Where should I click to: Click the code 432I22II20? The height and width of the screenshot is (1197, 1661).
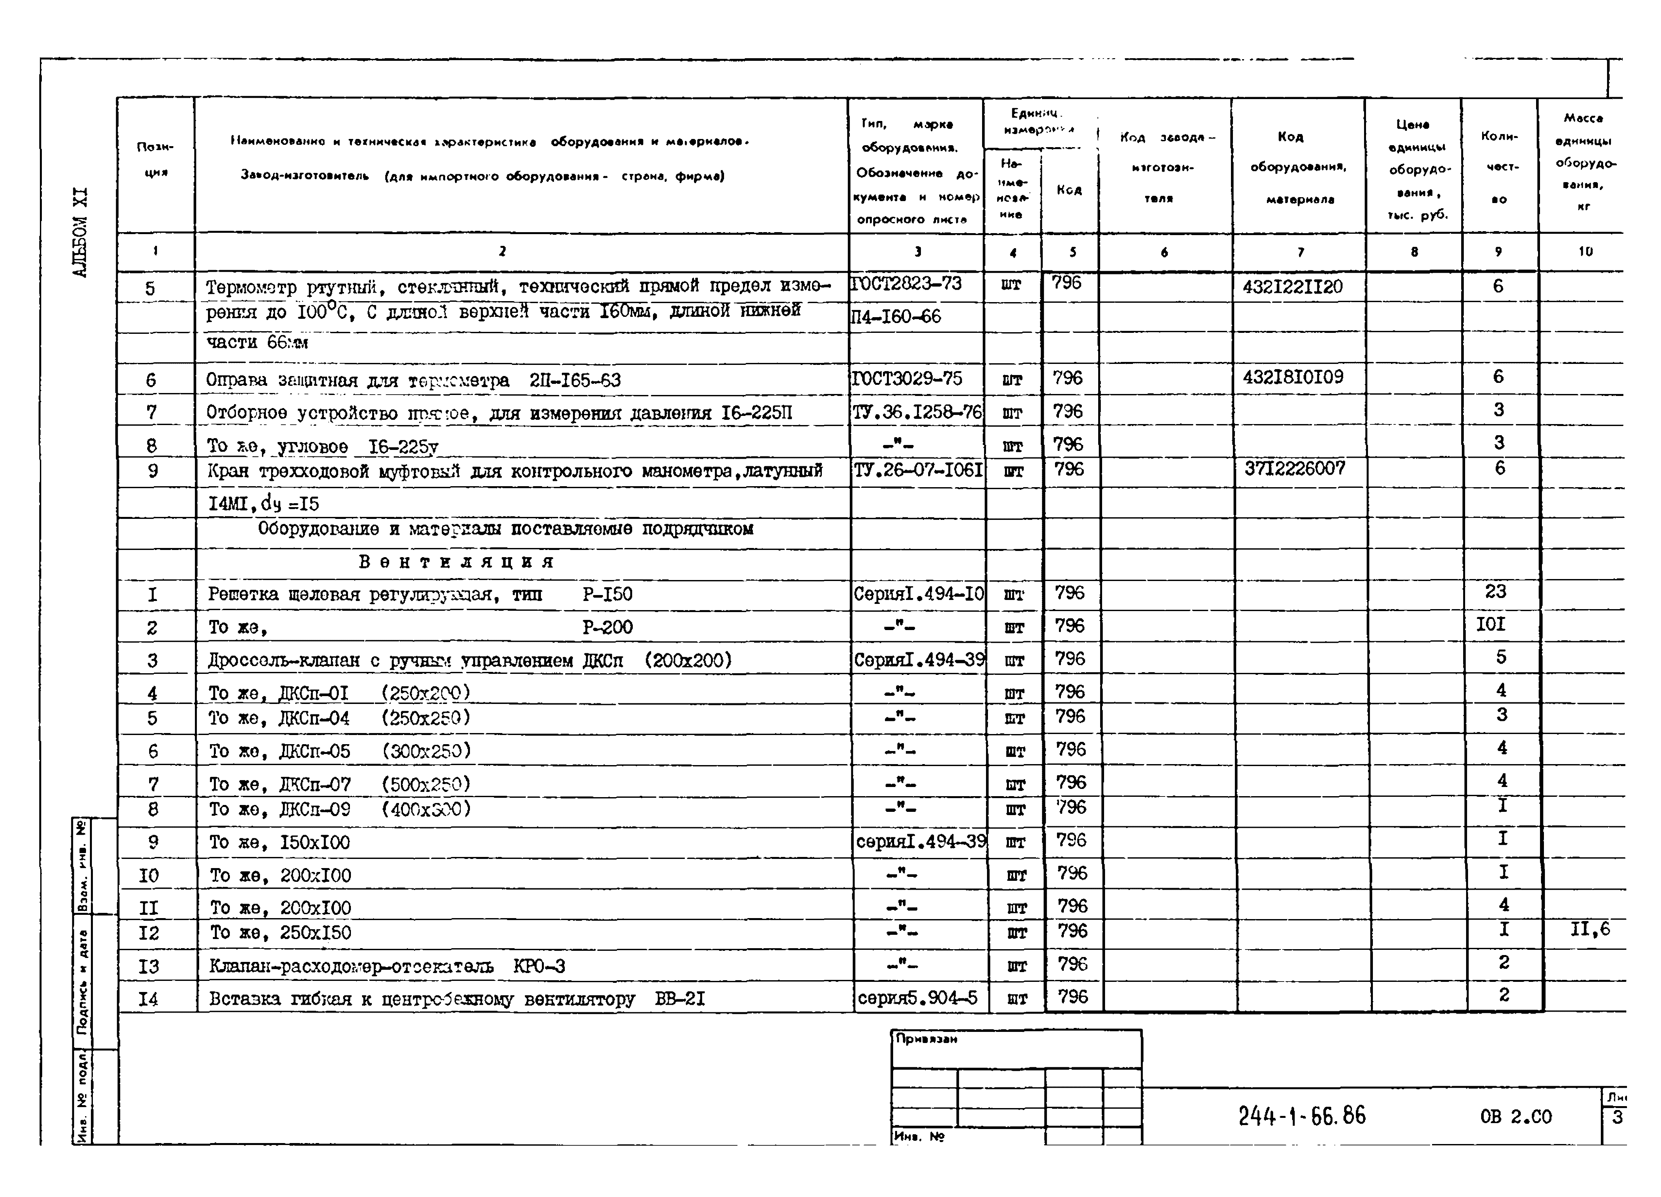1293,286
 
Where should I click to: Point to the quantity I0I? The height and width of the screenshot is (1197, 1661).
1491,624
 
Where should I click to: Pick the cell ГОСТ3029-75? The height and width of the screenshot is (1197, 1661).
907,379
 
